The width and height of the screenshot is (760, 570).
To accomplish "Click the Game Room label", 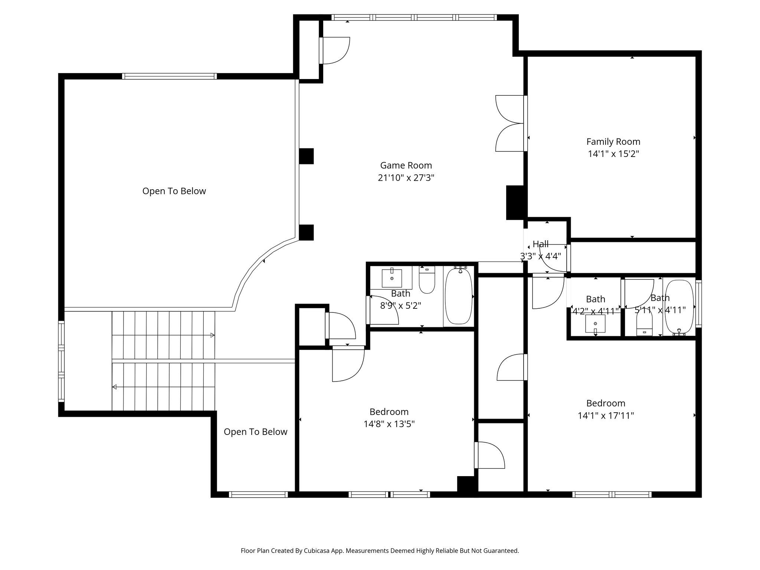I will [x=406, y=165].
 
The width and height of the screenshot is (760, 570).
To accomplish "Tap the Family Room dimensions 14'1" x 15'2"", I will [x=613, y=154].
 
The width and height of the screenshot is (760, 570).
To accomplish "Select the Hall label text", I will [x=540, y=244].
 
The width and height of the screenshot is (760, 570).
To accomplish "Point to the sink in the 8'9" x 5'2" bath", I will [x=392, y=278].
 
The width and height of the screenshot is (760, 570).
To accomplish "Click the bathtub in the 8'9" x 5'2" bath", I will [x=459, y=296].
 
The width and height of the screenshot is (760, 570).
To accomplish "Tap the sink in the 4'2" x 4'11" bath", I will [x=595, y=324].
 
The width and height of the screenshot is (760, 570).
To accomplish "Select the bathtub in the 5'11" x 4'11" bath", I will [x=679, y=307].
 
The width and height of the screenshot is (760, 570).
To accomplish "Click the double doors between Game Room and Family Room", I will [x=510, y=124].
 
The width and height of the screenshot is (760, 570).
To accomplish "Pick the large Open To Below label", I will [x=174, y=191].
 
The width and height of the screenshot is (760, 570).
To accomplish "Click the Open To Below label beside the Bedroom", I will [x=255, y=432].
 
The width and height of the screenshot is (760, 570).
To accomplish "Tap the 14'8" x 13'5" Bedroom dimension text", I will [x=389, y=424].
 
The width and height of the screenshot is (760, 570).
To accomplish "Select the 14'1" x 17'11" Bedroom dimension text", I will [x=606, y=416].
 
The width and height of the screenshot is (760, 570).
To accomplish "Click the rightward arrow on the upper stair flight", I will [x=212, y=335].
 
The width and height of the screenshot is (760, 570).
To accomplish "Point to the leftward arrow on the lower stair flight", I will [x=115, y=387].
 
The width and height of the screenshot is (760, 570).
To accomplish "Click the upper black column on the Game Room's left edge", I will [x=306, y=156].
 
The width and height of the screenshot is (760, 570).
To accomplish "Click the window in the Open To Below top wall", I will [x=169, y=76].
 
